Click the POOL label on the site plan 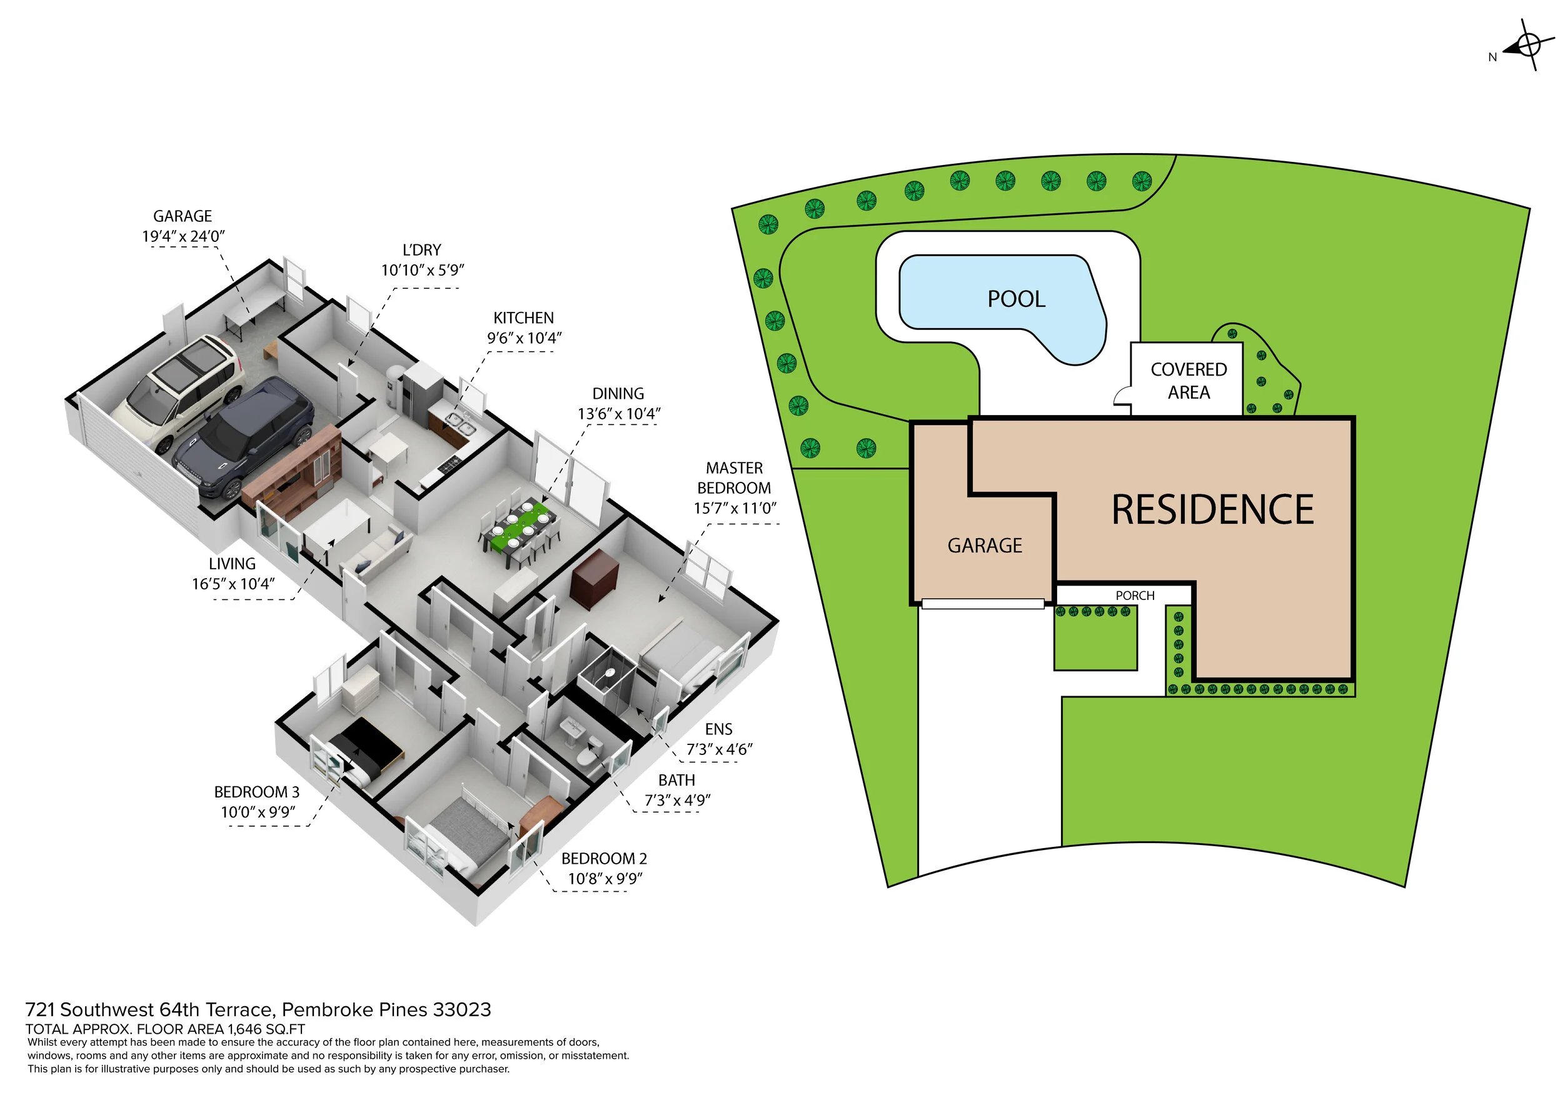pos(1016,299)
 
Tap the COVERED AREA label pos(1189,381)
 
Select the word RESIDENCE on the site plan pos(1212,511)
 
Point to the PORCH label pos(1135,596)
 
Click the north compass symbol pos(1527,46)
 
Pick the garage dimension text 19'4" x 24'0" pos(183,237)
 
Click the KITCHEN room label pos(523,317)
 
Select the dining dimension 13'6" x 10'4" pos(619,414)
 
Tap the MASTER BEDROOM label pos(734,477)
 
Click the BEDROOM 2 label pos(604,859)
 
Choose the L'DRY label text pos(421,250)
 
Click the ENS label pos(718,729)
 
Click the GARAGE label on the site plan pos(984,546)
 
